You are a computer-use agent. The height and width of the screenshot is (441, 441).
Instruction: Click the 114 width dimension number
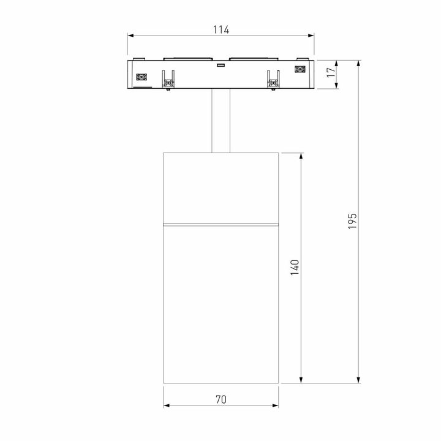point(221,29)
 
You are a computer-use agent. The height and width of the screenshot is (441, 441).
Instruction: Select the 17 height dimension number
point(331,73)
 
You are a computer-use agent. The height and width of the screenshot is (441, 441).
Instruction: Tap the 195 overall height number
point(352,221)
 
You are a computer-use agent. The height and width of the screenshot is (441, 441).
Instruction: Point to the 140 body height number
point(295,268)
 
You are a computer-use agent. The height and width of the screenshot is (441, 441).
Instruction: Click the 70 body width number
point(221,399)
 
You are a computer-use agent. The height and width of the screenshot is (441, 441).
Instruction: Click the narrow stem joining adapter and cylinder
point(221,121)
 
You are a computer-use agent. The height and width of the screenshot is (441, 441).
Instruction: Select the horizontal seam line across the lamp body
point(221,224)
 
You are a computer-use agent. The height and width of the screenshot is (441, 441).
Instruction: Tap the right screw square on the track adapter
point(300,70)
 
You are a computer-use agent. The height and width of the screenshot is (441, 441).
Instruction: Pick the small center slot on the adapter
point(220,64)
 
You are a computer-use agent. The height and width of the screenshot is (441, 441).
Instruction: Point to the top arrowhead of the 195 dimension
point(358,63)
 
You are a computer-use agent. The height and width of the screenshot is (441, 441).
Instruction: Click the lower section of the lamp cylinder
point(221,306)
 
